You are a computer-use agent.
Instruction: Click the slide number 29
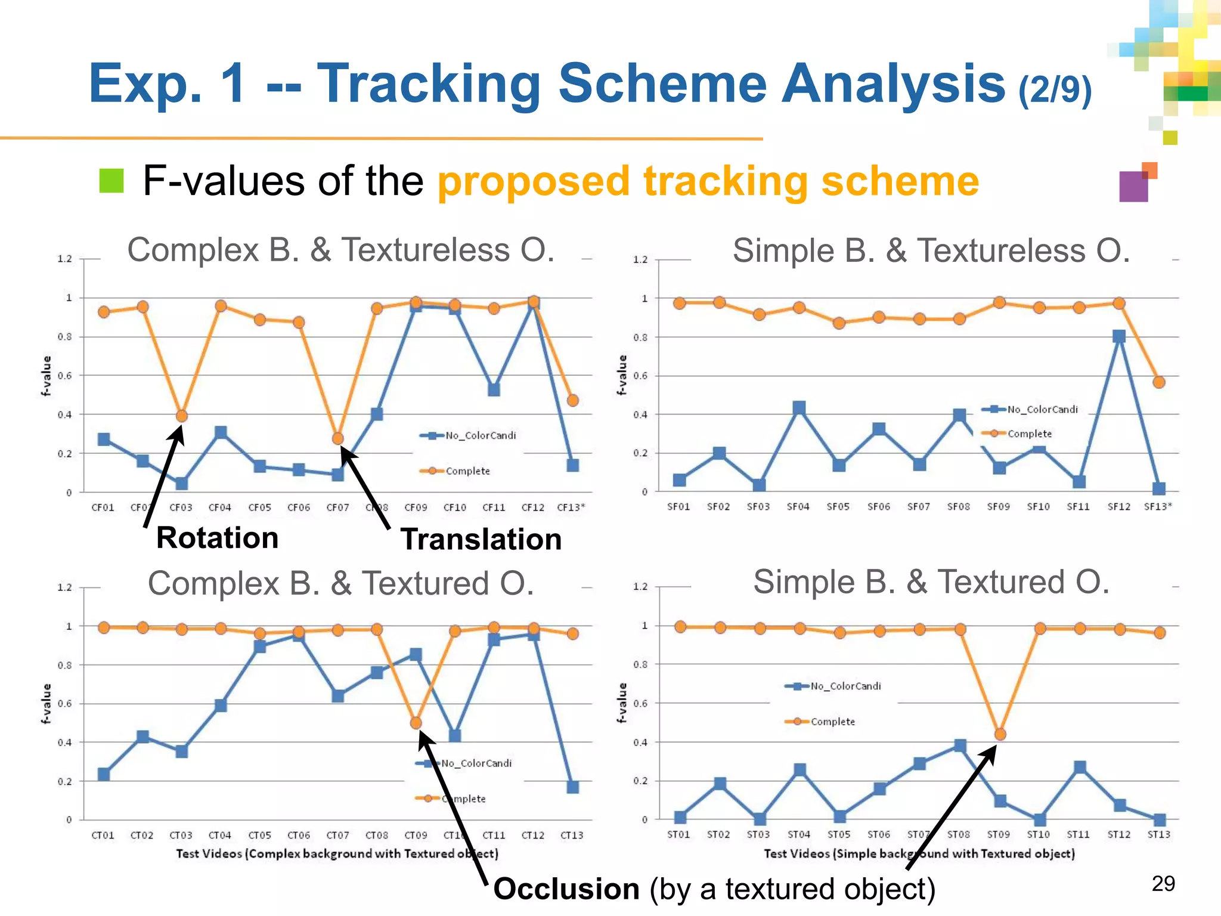[x=1163, y=883]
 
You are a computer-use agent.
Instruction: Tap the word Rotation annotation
[x=217, y=538]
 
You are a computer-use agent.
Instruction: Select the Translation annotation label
[x=481, y=539]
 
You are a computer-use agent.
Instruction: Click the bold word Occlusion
[x=566, y=889]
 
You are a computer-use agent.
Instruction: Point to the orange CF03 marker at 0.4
[x=181, y=416]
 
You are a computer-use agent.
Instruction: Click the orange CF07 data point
[x=337, y=438]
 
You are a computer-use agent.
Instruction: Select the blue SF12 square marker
[x=1118, y=336]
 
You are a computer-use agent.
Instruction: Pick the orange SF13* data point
[x=1158, y=382]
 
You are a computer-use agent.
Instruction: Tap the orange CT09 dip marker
[x=416, y=723]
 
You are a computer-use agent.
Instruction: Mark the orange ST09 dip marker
[x=1000, y=735]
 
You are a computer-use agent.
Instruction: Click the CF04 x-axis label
[x=219, y=507]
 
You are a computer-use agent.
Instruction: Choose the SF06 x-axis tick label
[x=878, y=507]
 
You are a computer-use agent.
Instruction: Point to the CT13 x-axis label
[x=572, y=835]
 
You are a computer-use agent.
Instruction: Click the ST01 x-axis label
[x=678, y=834]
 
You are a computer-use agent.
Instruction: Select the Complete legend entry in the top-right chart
[x=1029, y=434]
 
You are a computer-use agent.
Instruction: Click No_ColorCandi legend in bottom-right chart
[x=845, y=686]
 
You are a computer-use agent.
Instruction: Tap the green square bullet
[x=111, y=181]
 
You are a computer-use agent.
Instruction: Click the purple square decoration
[x=1133, y=187]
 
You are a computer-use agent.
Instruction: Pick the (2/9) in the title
[x=1055, y=89]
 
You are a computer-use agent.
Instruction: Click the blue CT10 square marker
[x=454, y=736]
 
